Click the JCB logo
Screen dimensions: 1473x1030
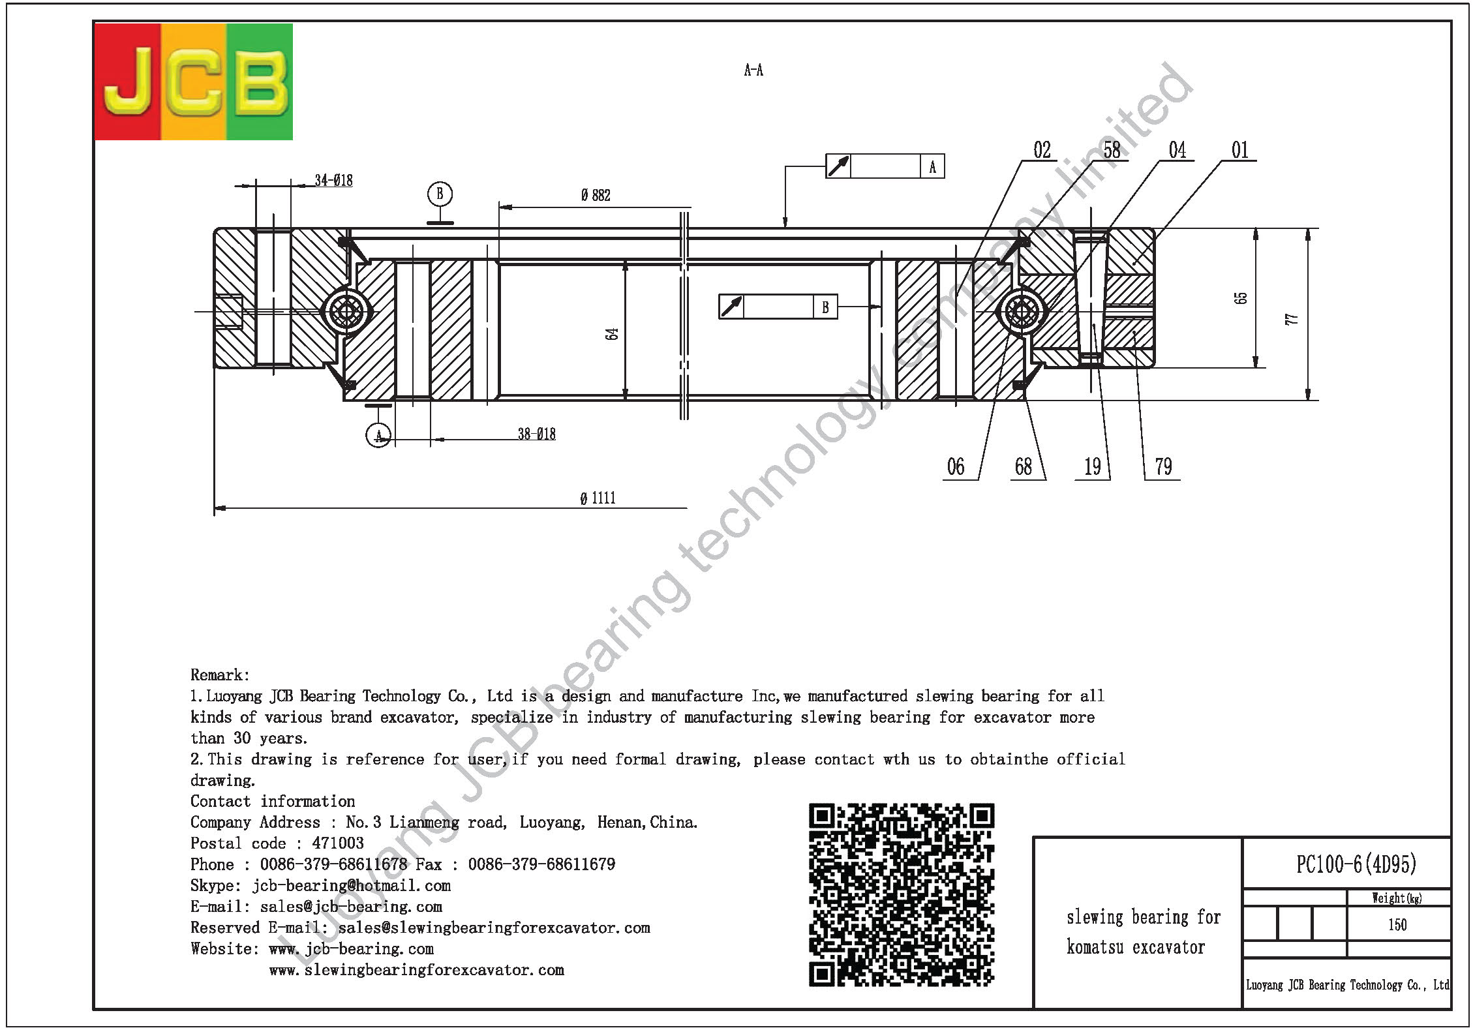click(x=194, y=82)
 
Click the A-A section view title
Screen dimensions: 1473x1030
click(x=753, y=70)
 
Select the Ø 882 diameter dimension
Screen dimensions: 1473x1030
click(x=596, y=195)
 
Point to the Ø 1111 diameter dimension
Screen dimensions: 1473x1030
click(x=598, y=498)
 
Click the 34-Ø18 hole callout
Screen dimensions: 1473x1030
click(x=333, y=180)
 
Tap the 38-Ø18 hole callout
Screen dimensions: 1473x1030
click(x=537, y=434)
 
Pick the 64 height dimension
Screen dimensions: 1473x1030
click(x=611, y=334)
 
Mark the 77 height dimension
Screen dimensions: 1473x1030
click(x=1292, y=319)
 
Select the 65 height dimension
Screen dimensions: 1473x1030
click(x=1241, y=297)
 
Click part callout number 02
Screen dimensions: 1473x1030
click(x=1042, y=150)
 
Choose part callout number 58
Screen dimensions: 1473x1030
click(x=1112, y=150)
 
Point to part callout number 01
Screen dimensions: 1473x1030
click(x=1240, y=150)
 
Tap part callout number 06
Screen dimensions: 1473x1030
click(x=956, y=466)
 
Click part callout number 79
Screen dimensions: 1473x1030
click(x=1163, y=466)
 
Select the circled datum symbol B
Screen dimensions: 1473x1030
click(x=440, y=194)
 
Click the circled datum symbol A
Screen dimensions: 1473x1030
click(x=378, y=435)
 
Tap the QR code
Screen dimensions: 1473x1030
click(x=902, y=895)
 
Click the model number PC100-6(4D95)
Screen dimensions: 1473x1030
click(x=1356, y=864)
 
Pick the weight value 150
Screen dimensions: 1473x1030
click(x=1397, y=925)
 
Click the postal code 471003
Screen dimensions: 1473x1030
click(x=338, y=843)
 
